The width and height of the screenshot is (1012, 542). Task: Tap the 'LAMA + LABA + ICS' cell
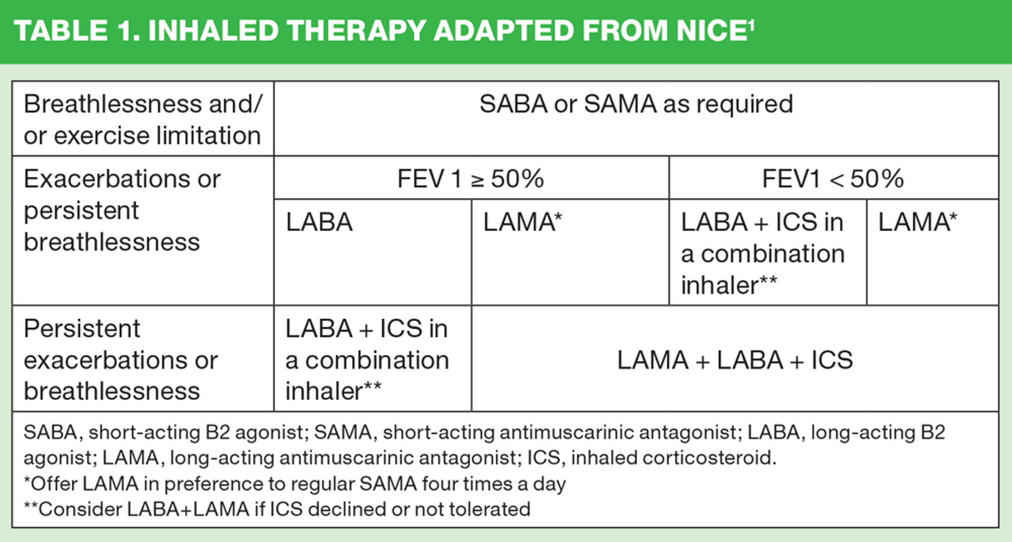[x=735, y=360]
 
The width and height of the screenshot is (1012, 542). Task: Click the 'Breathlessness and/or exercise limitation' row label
[x=142, y=120]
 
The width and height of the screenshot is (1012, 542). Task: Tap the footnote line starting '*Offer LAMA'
[x=295, y=484]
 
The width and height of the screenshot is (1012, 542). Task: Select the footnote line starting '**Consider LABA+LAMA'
[x=277, y=509]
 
